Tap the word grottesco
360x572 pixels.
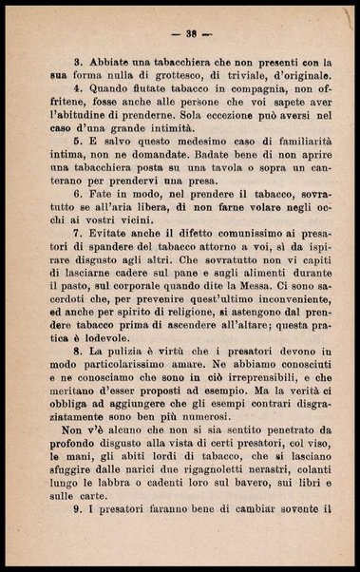point(165,73)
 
